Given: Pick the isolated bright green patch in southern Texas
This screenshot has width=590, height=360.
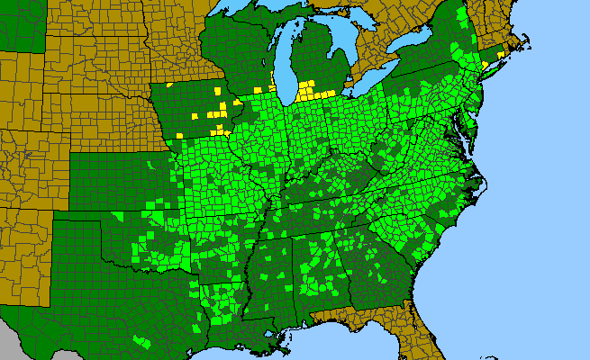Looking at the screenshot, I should point(141,343).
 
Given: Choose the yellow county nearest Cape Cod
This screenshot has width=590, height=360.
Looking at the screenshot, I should point(501,54).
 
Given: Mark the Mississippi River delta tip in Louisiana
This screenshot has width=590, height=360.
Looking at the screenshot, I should point(286,346).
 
